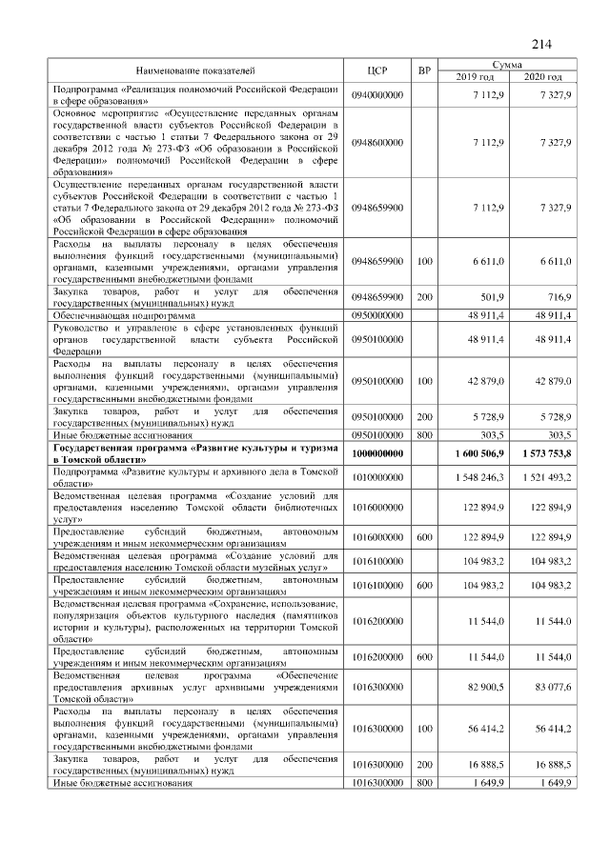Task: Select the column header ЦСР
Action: click(x=377, y=70)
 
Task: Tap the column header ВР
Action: click(x=425, y=70)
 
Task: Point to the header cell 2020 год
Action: click(x=540, y=76)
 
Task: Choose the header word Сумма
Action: click(x=508, y=64)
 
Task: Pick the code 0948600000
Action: click(x=377, y=142)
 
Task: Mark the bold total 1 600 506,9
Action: click(x=474, y=454)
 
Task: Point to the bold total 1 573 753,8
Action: click(x=540, y=454)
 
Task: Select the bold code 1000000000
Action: click(x=377, y=454)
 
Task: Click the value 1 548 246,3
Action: click(x=476, y=476)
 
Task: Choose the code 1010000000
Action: click(x=377, y=476)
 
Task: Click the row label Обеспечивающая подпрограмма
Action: click(x=124, y=313)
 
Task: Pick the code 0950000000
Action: click(x=377, y=313)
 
